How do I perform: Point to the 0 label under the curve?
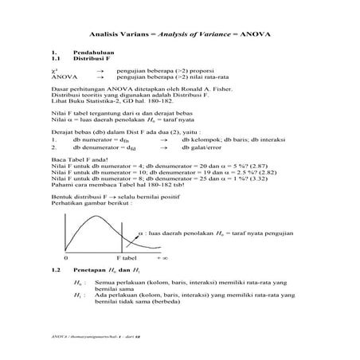(65, 260)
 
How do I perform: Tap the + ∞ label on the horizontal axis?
(162, 260)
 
